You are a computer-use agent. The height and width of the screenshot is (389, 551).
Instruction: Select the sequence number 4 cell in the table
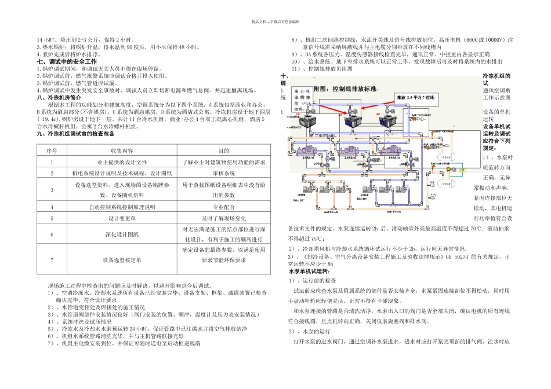coord(52,207)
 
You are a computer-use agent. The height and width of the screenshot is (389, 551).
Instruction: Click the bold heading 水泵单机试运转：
coord(310,271)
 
